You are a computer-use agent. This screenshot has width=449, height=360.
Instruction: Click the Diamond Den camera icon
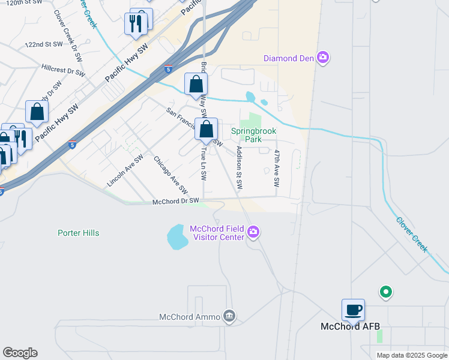click(x=324, y=58)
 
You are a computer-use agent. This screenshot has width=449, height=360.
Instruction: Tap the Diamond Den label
click(x=289, y=58)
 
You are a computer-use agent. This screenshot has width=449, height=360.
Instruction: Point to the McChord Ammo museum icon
click(x=229, y=316)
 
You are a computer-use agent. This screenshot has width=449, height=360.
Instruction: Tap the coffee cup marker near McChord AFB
click(x=353, y=310)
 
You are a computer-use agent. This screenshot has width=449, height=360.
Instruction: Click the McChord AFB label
click(x=350, y=327)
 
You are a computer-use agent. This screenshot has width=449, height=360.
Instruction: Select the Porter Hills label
click(x=78, y=233)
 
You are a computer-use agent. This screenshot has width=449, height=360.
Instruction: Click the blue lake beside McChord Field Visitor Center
click(x=178, y=237)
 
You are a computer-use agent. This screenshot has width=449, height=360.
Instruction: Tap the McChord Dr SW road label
click(x=175, y=202)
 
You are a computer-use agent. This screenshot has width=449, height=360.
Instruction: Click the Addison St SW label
click(x=240, y=168)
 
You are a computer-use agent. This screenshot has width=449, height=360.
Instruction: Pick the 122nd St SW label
click(x=44, y=44)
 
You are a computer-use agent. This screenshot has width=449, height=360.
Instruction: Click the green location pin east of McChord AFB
click(x=386, y=292)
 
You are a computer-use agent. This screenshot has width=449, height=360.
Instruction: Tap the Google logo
click(x=20, y=352)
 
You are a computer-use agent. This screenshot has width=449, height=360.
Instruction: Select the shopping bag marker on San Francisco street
click(x=206, y=130)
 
